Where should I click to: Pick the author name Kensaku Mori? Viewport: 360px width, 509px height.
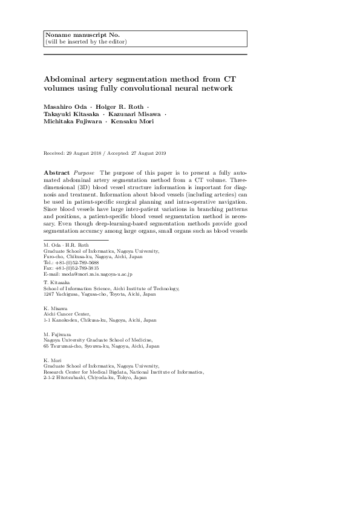coord(133,122)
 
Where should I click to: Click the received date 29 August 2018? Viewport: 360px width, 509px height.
coord(85,154)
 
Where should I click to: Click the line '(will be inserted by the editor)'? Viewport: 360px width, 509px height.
coord(85,42)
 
